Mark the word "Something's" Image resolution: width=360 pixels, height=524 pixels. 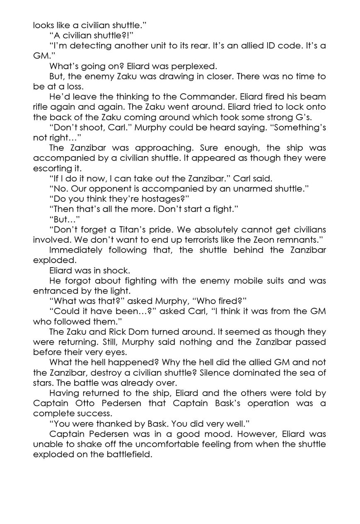pyautogui.click(x=300, y=127)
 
